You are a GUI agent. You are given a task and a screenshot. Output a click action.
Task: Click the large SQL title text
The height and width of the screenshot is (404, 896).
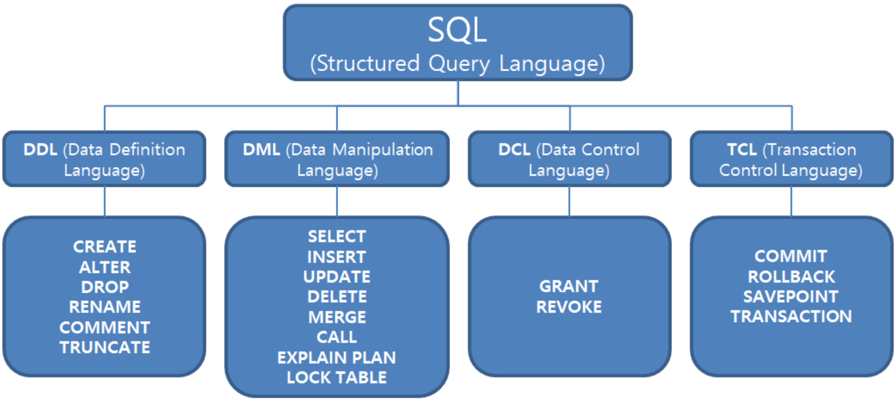point(457,32)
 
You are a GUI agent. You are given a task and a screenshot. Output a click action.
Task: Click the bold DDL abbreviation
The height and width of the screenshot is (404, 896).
point(40,150)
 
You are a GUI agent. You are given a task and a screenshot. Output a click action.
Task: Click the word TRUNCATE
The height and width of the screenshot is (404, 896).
point(105,347)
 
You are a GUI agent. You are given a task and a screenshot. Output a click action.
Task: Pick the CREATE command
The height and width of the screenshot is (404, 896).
point(105,247)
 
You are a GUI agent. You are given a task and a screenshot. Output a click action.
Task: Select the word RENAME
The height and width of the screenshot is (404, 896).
point(105,307)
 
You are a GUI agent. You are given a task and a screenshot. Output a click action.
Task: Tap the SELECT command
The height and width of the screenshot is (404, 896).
point(337,236)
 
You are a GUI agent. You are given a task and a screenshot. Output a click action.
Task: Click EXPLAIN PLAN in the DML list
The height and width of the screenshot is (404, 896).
point(337,358)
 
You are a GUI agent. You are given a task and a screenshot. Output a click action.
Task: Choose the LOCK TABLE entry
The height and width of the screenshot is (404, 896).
point(337,378)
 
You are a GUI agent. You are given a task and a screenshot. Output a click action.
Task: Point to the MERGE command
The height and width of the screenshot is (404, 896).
point(337,317)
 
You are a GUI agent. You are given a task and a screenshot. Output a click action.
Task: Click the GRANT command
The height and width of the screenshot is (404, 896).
point(569,286)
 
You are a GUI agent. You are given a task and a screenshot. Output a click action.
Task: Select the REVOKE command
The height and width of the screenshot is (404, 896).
point(569,307)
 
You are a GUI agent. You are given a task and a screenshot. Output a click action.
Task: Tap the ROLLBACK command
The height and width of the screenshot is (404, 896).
point(791,276)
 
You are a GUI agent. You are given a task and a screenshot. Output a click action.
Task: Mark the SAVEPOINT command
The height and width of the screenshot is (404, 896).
point(791,297)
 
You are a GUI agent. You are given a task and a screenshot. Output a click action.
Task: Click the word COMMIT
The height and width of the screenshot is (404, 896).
point(791,256)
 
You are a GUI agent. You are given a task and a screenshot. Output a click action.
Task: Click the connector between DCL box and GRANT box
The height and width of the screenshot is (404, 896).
point(570,201)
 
